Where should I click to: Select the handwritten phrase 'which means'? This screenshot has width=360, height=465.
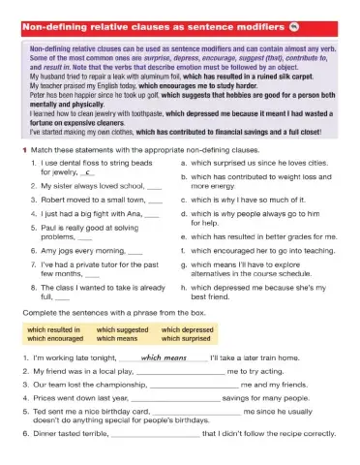tap(162, 356)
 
